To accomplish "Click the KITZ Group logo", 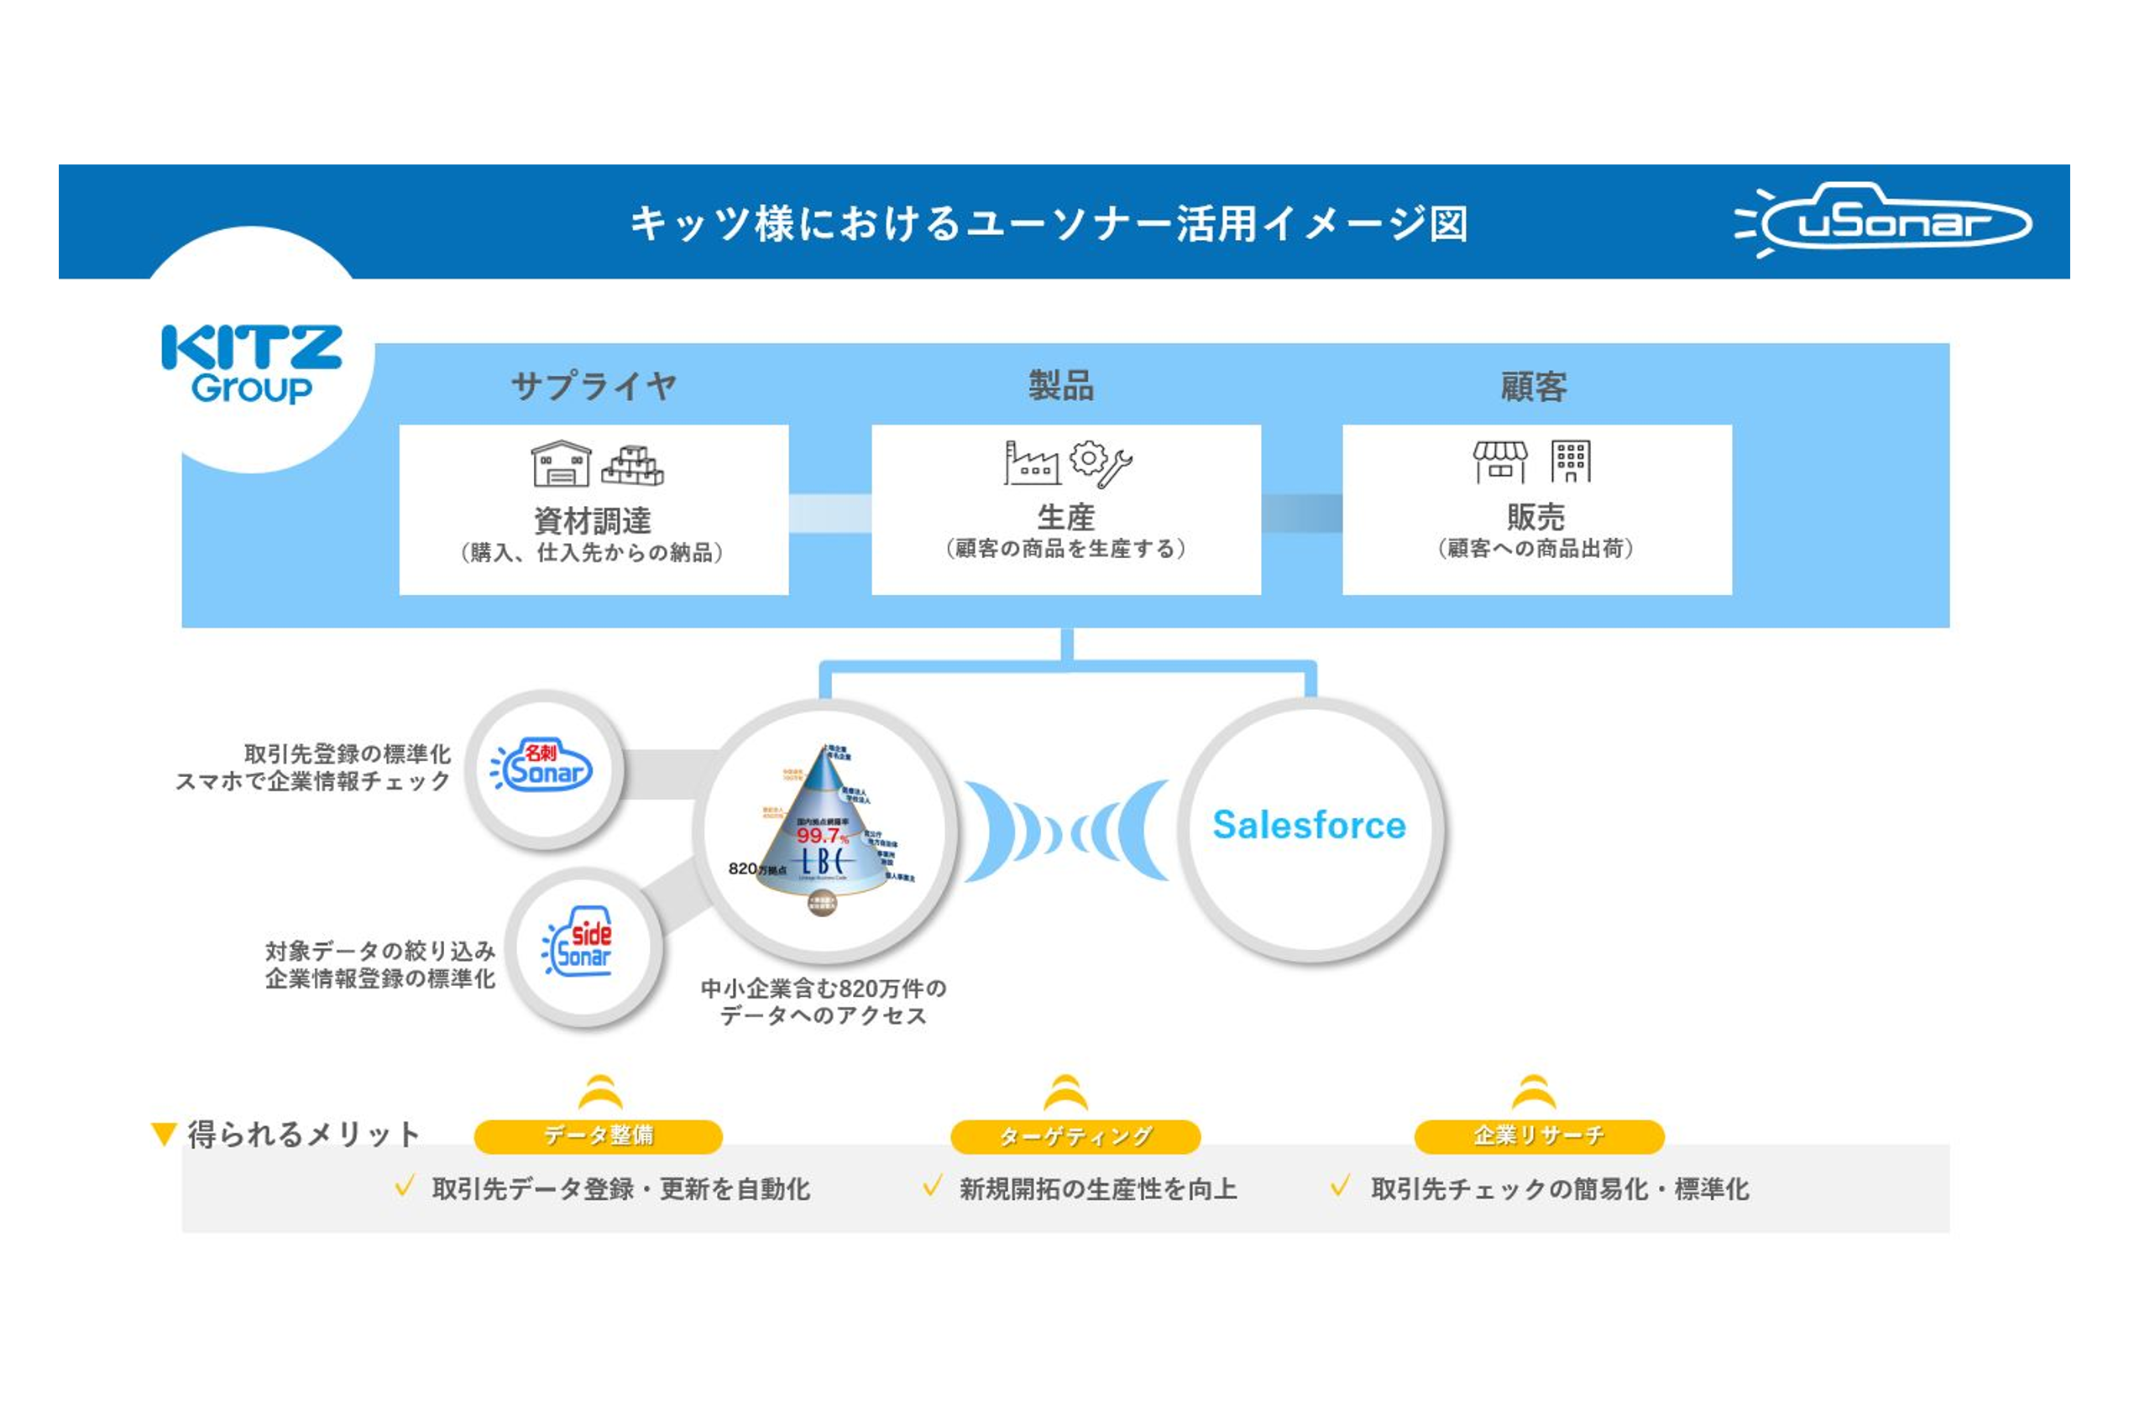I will tap(252, 364).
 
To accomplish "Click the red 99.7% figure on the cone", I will tap(822, 835).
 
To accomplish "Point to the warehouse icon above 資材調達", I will tap(560, 463).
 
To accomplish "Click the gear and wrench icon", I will tap(1100, 462).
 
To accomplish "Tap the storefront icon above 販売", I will tap(1500, 462).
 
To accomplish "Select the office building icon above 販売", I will tap(1571, 462).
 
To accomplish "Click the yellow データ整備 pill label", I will tap(599, 1135).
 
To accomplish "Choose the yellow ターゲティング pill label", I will tap(1075, 1135).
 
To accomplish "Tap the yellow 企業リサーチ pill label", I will tap(1539, 1135).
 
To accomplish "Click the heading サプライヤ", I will tap(594, 386).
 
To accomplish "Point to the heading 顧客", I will tap(1534, 386).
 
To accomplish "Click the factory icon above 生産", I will tap(1031, 462).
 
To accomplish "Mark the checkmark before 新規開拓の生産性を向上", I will tap(933, 1186).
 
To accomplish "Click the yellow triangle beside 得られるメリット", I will tap(164, 1134).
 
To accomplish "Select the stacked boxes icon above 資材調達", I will tap(632, 465).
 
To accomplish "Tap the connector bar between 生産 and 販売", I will tap(1301, 513).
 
